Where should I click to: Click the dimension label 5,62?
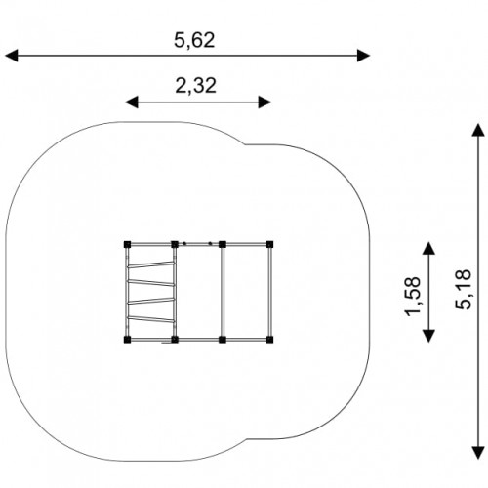click(x=194, y=40)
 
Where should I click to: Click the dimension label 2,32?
click(x=196, y=85)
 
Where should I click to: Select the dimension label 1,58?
click(x=413, y=296)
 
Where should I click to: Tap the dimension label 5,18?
click(x=463, y=290)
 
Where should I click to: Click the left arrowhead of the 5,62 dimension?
click(x=12, y=56)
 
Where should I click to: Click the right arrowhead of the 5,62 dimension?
click(x=363, y=56)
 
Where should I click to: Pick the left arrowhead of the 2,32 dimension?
click(x=132, y=102)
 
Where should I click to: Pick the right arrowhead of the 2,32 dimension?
click(x=264, y=102)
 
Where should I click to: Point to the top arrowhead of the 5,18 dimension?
click(x=478, y=130)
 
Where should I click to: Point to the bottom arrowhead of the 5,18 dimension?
click(x=478, y=453)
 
